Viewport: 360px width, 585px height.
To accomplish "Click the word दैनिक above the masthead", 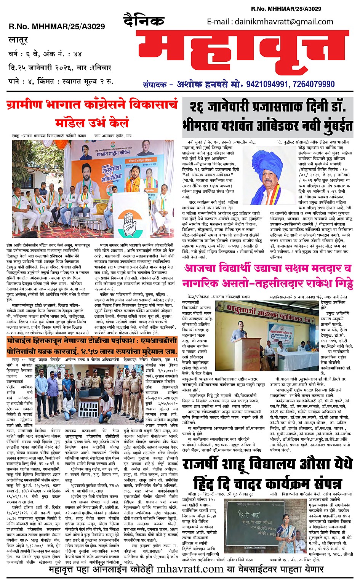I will click(144, 20).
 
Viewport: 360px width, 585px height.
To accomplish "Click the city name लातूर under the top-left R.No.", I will click(18, 39).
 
